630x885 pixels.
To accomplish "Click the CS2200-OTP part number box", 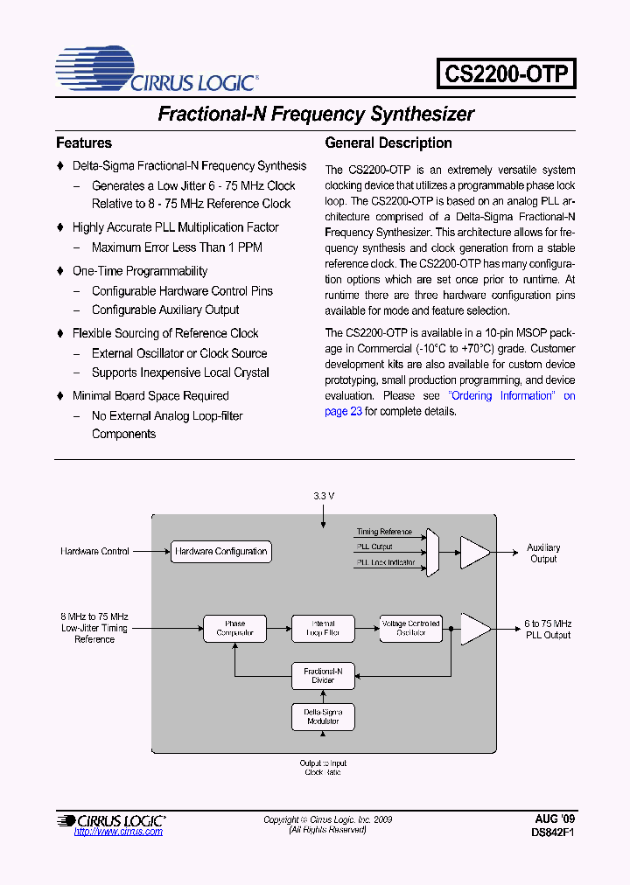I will [506, 73].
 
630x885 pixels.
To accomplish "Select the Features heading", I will [84, 143].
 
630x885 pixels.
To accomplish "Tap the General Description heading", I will [388, 143].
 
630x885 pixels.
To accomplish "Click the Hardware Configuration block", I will [220, 552].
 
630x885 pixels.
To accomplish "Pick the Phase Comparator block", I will [234, 628].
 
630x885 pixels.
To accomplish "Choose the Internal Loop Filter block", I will [323, 628].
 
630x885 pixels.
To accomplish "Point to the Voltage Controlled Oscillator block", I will [410, 628].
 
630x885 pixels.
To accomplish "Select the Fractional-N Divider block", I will [323, 675].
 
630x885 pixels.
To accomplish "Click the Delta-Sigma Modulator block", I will [323, 716].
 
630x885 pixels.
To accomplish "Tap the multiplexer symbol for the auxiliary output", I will [431, 552].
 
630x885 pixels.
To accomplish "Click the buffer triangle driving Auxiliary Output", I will [475, 552].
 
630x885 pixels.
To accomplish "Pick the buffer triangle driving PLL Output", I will [475, 628].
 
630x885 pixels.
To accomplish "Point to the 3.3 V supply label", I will [324, 496].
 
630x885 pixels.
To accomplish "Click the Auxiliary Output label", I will [543, 554].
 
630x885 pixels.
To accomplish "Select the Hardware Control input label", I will [95, 552].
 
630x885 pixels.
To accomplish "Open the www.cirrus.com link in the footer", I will [119, 832].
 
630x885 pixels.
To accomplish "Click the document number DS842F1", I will [553, 833].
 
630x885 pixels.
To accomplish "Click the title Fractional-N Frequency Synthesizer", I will [315, 114].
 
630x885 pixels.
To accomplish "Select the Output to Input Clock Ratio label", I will [323, 768].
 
